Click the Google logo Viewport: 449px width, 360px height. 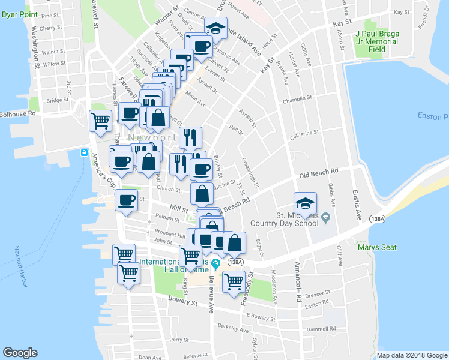click(20, 353)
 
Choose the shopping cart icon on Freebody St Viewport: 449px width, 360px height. click(234, 281)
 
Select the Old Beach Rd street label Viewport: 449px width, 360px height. click(319, 173)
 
